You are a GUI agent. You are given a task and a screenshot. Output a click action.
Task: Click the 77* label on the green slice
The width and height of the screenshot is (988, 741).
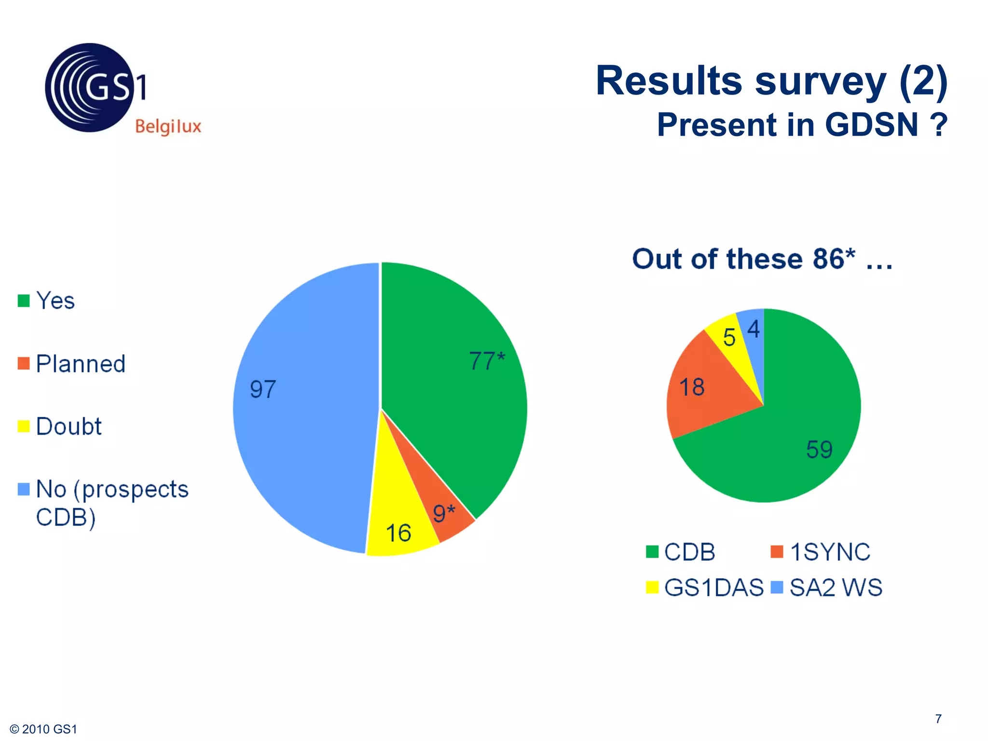pyautogui.click(x=487, y=361)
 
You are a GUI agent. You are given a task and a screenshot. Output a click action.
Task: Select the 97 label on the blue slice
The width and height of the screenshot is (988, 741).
pyautogui.click(x=263, y=389)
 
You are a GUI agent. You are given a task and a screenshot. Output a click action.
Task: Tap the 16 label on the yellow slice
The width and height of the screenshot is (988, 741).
pyautogui.click(x=398, y=533)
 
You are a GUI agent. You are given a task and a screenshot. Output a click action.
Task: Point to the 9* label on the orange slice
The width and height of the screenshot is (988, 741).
pyautogui.click(x=443, y=513)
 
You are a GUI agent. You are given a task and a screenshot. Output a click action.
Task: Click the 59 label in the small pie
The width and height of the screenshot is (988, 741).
pyautogui.click(x=819, y=450)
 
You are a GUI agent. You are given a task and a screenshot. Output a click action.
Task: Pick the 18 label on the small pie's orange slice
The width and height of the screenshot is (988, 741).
pyautogui.click(x=692, y=387)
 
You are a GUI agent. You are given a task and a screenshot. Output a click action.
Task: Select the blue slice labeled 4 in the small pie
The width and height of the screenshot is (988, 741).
pyautogui.click(x=753, y=329)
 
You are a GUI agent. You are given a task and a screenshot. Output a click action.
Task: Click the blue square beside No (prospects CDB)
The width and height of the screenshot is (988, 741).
pyautogui.click(x=24, y=489)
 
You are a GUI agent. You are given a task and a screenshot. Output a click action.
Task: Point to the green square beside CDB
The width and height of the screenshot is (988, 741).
pyautogui.click(x=652, y=551)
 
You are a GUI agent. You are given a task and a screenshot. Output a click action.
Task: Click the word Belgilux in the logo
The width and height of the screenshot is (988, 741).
pyautogui.click(x=168, y=126)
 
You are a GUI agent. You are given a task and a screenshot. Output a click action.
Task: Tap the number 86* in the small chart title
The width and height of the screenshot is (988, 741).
pyautogui.click(x=834, y=259)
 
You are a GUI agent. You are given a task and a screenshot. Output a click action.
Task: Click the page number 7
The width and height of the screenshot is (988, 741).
pyautogui.click(x=938, y=719)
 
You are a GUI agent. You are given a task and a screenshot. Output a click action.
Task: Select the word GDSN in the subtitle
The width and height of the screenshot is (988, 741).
pyautogui.click(x=871, y=125)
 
